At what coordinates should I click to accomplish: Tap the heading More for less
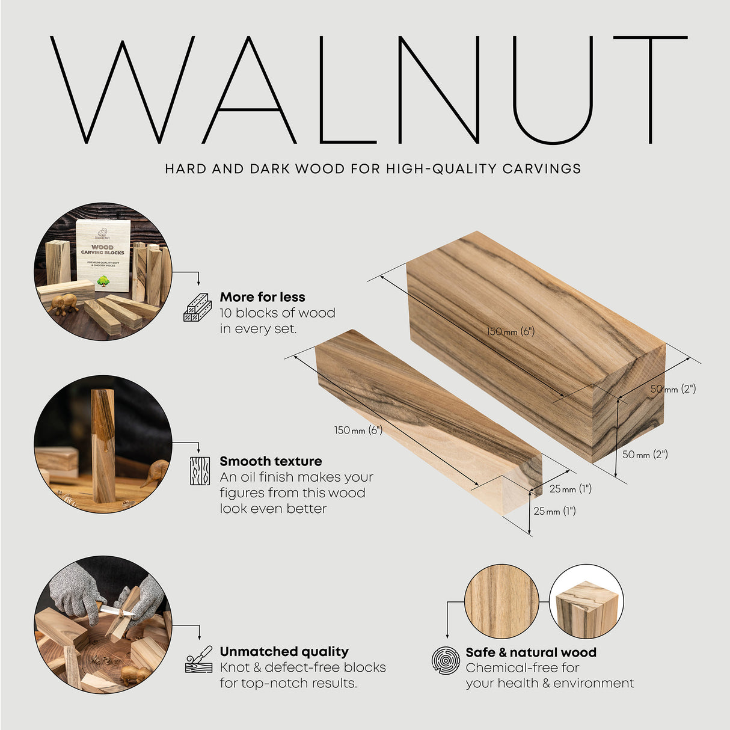coord(262,297)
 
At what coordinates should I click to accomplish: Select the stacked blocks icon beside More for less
coord(197,308)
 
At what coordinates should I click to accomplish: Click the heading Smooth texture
coord(271,461)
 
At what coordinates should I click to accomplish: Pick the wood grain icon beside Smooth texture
coord(200,471)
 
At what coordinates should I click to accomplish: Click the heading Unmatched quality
coord(284,651)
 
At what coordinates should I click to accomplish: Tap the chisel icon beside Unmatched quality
coord(199,660)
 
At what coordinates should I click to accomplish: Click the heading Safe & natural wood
coord(531,652)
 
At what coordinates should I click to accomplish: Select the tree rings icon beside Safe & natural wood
coord(446,660)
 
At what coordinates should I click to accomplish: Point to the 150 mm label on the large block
coord(511,331)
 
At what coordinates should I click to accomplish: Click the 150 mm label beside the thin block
coord(358,431)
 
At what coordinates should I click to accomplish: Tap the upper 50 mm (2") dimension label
coord(673,389)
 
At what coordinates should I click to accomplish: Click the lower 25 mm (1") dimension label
coord(554,511)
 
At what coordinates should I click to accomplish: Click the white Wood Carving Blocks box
coord(103,254)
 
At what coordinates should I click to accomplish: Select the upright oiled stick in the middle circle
coord(103,445)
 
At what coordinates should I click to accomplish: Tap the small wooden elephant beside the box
coord(64,304)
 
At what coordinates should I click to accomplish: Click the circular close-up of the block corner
coord(586,601)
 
